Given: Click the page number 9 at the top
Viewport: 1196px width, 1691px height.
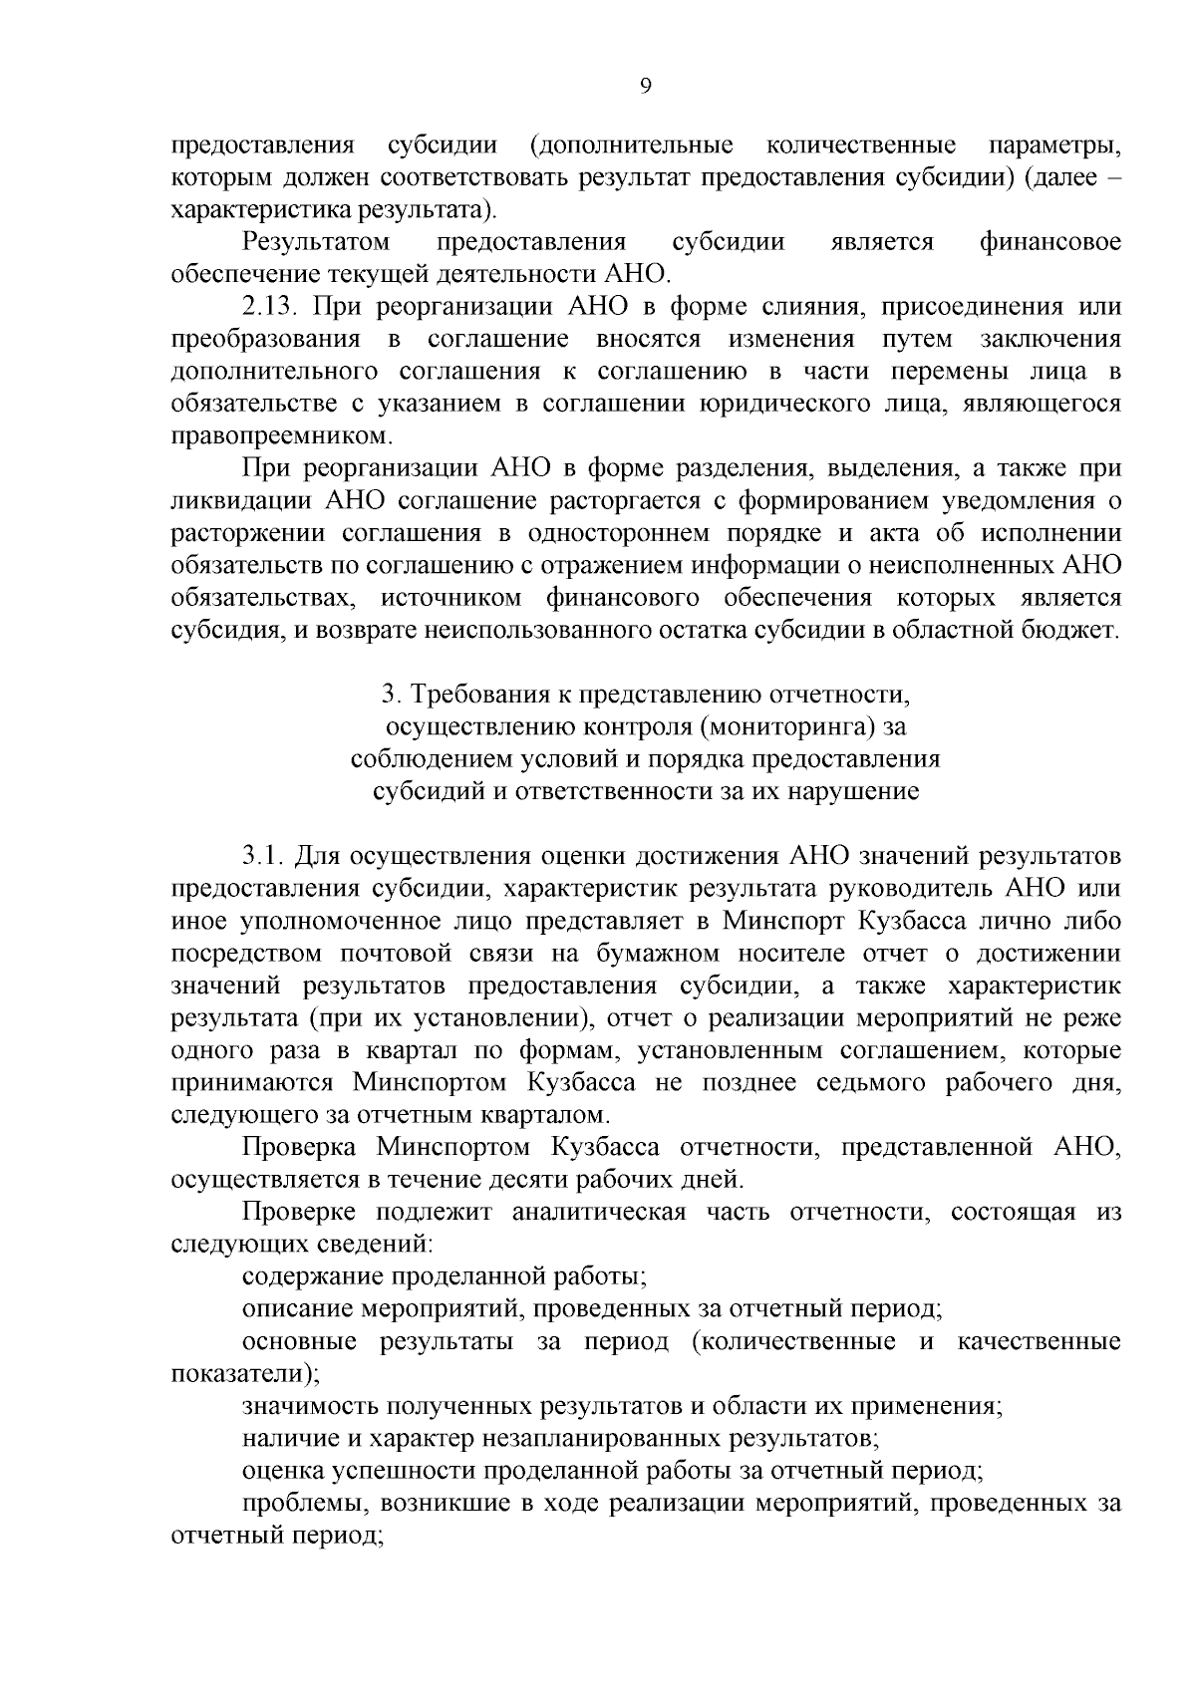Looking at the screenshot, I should coord(645,87).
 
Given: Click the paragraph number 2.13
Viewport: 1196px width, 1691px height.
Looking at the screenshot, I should coord(271,306).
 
